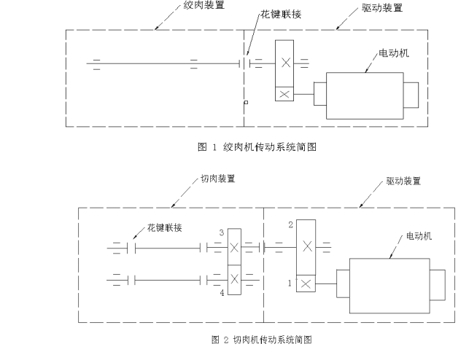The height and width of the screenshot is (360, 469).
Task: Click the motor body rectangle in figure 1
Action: [x=365, y=94]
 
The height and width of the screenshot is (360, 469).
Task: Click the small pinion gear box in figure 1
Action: [x=284, y=94]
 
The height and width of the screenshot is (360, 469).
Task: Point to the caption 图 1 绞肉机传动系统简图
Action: [x=256, y=147]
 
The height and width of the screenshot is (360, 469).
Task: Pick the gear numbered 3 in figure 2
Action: [x=234, y=249]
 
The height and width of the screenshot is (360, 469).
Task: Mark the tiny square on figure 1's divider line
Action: [x=246, y=102]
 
